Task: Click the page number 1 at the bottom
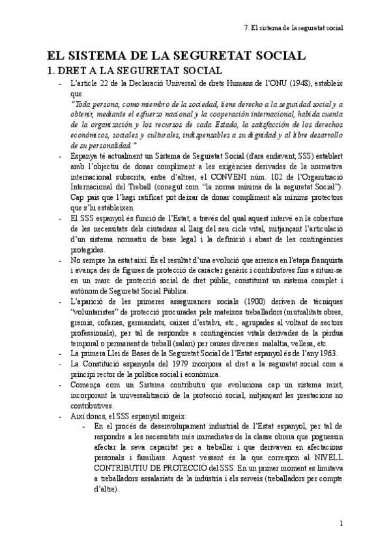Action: point(342,523)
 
